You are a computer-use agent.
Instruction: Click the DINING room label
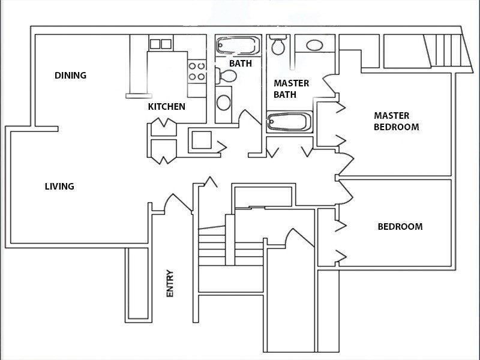70,76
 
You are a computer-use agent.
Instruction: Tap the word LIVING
59,186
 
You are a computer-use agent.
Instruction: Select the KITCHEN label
167,107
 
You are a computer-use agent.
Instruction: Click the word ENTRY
170,283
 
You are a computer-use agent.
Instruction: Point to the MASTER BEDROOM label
397,121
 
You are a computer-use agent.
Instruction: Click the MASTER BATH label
291,89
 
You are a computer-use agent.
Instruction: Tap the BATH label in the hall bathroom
241,64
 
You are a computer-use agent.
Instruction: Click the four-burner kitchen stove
197,71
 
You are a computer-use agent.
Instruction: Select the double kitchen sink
161,44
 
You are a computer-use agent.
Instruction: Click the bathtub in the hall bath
238,46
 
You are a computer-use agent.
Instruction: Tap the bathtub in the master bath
289,122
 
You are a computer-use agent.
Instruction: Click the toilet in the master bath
278,45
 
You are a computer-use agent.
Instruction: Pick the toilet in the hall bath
226,76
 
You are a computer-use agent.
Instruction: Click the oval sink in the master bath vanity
314,46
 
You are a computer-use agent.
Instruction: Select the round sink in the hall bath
223,103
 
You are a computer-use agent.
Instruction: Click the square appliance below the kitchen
202,140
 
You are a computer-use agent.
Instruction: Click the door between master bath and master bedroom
331,84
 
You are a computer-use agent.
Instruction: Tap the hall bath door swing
250,118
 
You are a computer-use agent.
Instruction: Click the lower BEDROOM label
400,227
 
